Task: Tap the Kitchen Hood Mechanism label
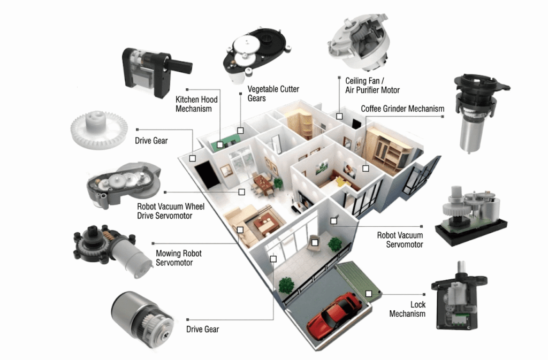[x=196, y=104]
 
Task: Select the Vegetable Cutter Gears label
[x=273, y=94]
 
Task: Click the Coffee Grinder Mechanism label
[x=402, y=109]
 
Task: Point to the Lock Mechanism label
[x=407, y=309]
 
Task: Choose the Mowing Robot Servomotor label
[x=179, y=258]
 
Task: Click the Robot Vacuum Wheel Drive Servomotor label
[x=171, y=211]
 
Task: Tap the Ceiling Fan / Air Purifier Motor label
[x=372, y=85]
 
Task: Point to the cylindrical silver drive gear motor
[x=142, y=319]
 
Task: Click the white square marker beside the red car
[x=368, y=294]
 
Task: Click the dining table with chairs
[x=263, y=183]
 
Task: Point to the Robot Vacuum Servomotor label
[x=400, y=240]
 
